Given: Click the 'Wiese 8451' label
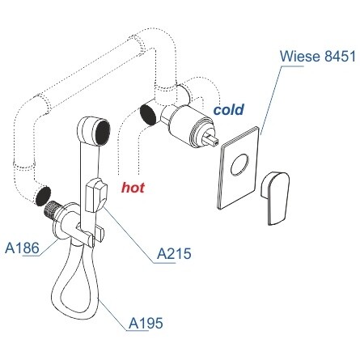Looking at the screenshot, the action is (x=318, y=57).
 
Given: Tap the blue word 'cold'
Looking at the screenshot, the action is (x=229, y=109).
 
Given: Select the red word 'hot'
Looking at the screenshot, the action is (x=133, y=188).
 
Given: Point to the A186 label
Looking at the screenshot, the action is (x=22, y=248).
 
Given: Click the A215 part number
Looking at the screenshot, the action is (x=174, y=253).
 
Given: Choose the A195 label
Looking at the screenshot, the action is (x=146, y=323).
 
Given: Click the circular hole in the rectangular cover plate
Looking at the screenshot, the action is (x=239, y=164).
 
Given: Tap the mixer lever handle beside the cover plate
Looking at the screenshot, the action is (x=275, y=197).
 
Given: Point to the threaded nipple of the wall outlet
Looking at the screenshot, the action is (x=53, y=209).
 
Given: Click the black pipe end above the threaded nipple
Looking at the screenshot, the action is (x=43, y=196).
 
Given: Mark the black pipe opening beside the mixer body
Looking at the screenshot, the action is (x=148, y=115).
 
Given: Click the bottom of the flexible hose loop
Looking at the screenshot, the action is (x=72, y=307).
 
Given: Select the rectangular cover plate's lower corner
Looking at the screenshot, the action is (x=219, y=209).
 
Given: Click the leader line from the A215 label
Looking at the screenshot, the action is (x=129, y=235).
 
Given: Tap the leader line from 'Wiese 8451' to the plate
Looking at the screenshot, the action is (x=271, y=100).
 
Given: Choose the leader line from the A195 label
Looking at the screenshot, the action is (x=112, y=315).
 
